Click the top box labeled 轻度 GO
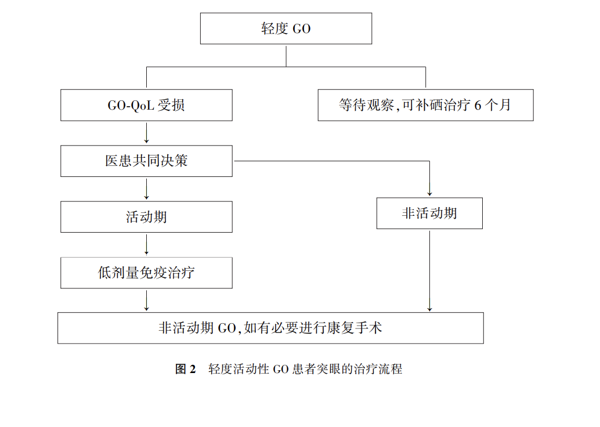point(285,28)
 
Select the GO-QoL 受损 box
point(146,105)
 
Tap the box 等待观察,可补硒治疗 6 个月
point(425,105)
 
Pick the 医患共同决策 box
point(146,161)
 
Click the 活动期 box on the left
point(146,217)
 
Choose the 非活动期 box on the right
point(429,213)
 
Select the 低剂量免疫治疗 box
point(146,273)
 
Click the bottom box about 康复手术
point(270,328)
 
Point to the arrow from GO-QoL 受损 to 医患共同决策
point(146,133)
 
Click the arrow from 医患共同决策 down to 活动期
point(146,189)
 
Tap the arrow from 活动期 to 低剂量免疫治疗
point(146,245)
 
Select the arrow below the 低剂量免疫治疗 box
point(146,300)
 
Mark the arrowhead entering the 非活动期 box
point(429,193)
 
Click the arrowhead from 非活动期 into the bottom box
point(429,308)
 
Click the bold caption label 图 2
point(186,369)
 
